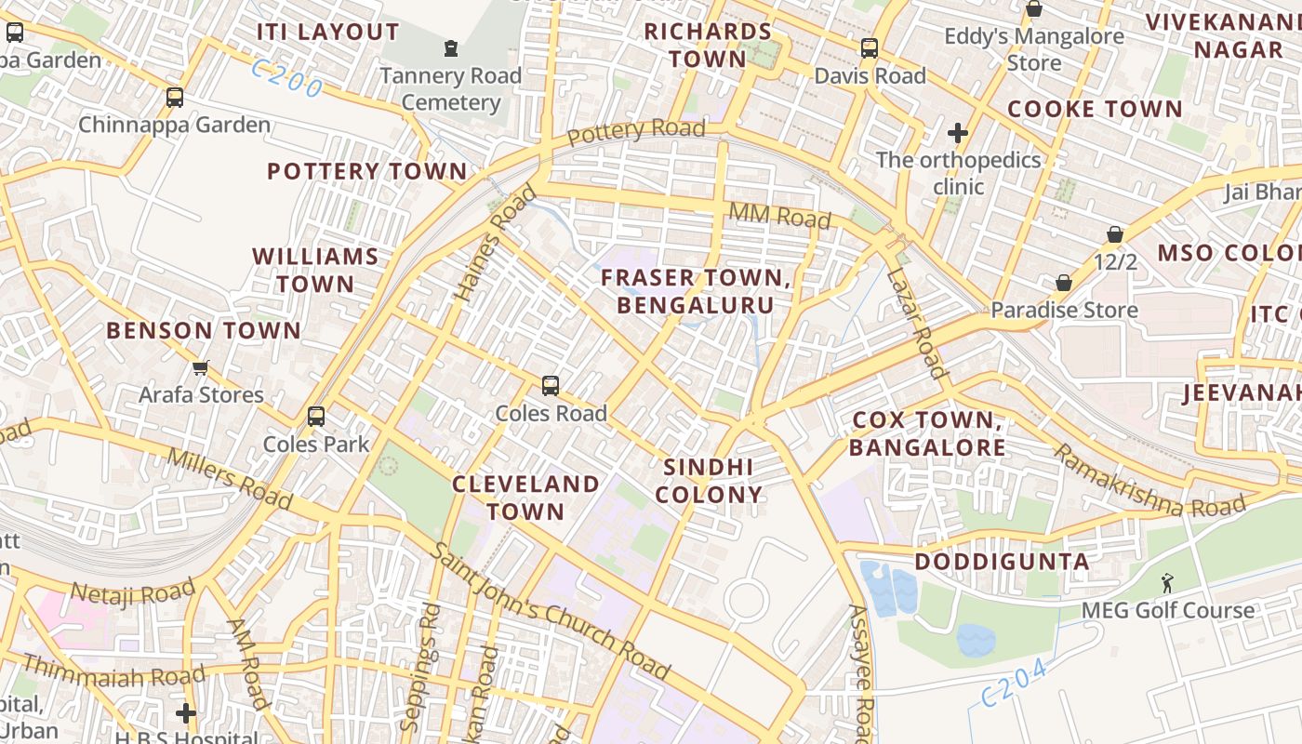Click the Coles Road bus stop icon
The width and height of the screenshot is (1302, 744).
[551, 385]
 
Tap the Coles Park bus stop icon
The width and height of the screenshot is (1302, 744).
[316, 416]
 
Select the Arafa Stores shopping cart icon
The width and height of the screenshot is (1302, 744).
[201, 367]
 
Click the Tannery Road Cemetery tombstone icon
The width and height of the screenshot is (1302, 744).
[451, 47]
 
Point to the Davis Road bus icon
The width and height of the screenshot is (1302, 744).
[870, 47]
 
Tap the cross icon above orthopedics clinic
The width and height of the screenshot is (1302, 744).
[958, 133]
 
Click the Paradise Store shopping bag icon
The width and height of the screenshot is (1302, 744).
[1064, 282]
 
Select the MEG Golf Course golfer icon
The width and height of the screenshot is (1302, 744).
[1167, 583]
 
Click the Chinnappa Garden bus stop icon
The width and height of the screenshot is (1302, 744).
[174, 97]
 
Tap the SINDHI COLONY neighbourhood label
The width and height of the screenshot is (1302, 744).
[709, 481]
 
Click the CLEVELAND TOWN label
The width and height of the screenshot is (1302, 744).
[525, 498]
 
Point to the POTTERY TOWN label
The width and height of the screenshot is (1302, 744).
[367, 171]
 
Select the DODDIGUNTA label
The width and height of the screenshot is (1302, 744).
[1002, 562]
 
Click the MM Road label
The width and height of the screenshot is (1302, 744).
[779, 216]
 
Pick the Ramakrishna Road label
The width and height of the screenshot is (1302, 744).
[1149, 483]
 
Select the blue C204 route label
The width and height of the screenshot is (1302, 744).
[1019, 683]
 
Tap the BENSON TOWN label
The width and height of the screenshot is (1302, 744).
[204, 330]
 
